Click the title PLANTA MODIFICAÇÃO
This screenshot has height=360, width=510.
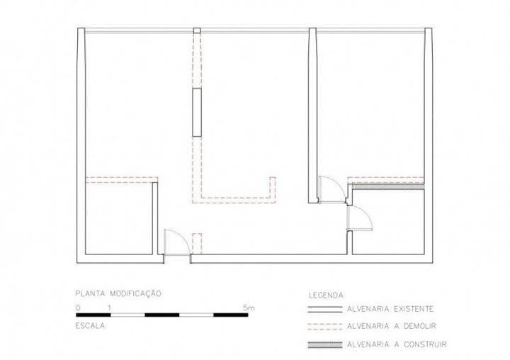118,293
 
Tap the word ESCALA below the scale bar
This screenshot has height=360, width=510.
90,326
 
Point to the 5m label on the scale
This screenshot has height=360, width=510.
249,308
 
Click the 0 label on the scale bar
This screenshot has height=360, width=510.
78,308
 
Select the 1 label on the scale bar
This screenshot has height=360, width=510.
110,308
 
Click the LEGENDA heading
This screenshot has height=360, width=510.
326,296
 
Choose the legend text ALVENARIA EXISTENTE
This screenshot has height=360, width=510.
390,309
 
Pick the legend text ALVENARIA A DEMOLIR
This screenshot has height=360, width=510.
392,326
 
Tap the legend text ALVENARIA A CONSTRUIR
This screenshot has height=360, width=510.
397,344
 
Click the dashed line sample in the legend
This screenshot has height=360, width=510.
325,327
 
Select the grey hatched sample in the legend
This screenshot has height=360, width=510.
325,344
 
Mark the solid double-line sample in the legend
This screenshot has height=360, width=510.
325,309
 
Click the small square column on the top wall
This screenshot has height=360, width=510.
197,31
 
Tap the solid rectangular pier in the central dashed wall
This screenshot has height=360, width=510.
197,112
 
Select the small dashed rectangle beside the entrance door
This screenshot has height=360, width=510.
197,244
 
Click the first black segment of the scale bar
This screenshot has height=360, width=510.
93,315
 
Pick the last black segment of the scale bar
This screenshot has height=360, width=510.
231,315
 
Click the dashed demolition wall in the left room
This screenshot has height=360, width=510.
122,180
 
